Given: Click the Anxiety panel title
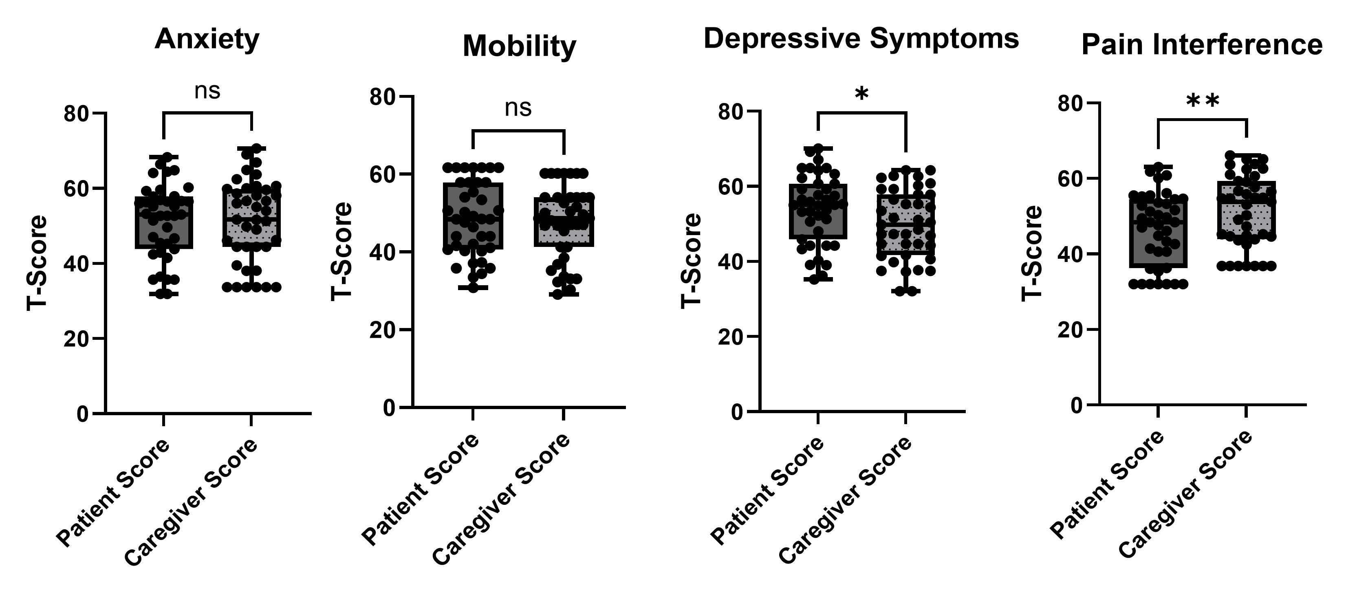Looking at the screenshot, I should (207, 40).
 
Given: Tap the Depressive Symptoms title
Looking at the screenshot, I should (861, 39).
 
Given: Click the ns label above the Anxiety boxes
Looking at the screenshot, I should (207, 91).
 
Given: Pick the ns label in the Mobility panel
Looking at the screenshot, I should (518, 108).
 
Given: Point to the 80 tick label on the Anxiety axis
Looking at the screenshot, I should (76, 113).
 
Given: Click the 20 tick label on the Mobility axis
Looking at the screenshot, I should (383, 330).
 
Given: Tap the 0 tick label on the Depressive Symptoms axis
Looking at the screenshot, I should (737, 412).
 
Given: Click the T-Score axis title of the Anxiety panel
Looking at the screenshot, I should (37, 263).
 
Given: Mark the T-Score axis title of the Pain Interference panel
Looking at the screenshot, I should (1031, 253).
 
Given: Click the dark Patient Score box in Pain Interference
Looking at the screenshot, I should (1158, 233).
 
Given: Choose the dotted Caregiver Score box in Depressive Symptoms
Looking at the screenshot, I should (905, 224).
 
